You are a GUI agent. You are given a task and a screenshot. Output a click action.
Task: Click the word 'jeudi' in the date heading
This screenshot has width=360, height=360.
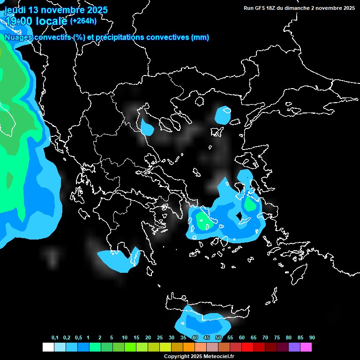[15, 10]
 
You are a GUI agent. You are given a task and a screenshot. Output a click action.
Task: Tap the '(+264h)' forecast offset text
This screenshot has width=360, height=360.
[83, 21]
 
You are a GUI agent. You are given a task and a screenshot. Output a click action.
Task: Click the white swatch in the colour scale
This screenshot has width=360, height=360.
[48, 347]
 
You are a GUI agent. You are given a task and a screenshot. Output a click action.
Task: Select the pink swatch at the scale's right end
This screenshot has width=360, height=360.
[306, 347]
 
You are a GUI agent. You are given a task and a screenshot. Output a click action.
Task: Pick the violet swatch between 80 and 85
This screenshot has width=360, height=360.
[294, 347]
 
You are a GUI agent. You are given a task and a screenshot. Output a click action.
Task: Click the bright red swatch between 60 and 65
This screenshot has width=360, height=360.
[247, 347]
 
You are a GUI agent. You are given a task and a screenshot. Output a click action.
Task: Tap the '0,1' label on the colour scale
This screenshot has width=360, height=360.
[55, 338]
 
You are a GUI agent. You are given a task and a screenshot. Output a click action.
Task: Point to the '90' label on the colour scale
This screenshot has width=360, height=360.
[312, 338]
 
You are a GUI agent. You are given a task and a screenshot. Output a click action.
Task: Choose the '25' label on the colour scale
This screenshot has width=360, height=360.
[160, 338]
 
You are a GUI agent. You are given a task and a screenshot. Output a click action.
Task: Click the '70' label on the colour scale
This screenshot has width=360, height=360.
[265, 338]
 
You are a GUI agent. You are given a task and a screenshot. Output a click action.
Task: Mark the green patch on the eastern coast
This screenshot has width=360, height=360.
[250, 204]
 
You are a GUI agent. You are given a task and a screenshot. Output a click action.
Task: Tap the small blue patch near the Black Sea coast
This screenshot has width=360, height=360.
[223, 115]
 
